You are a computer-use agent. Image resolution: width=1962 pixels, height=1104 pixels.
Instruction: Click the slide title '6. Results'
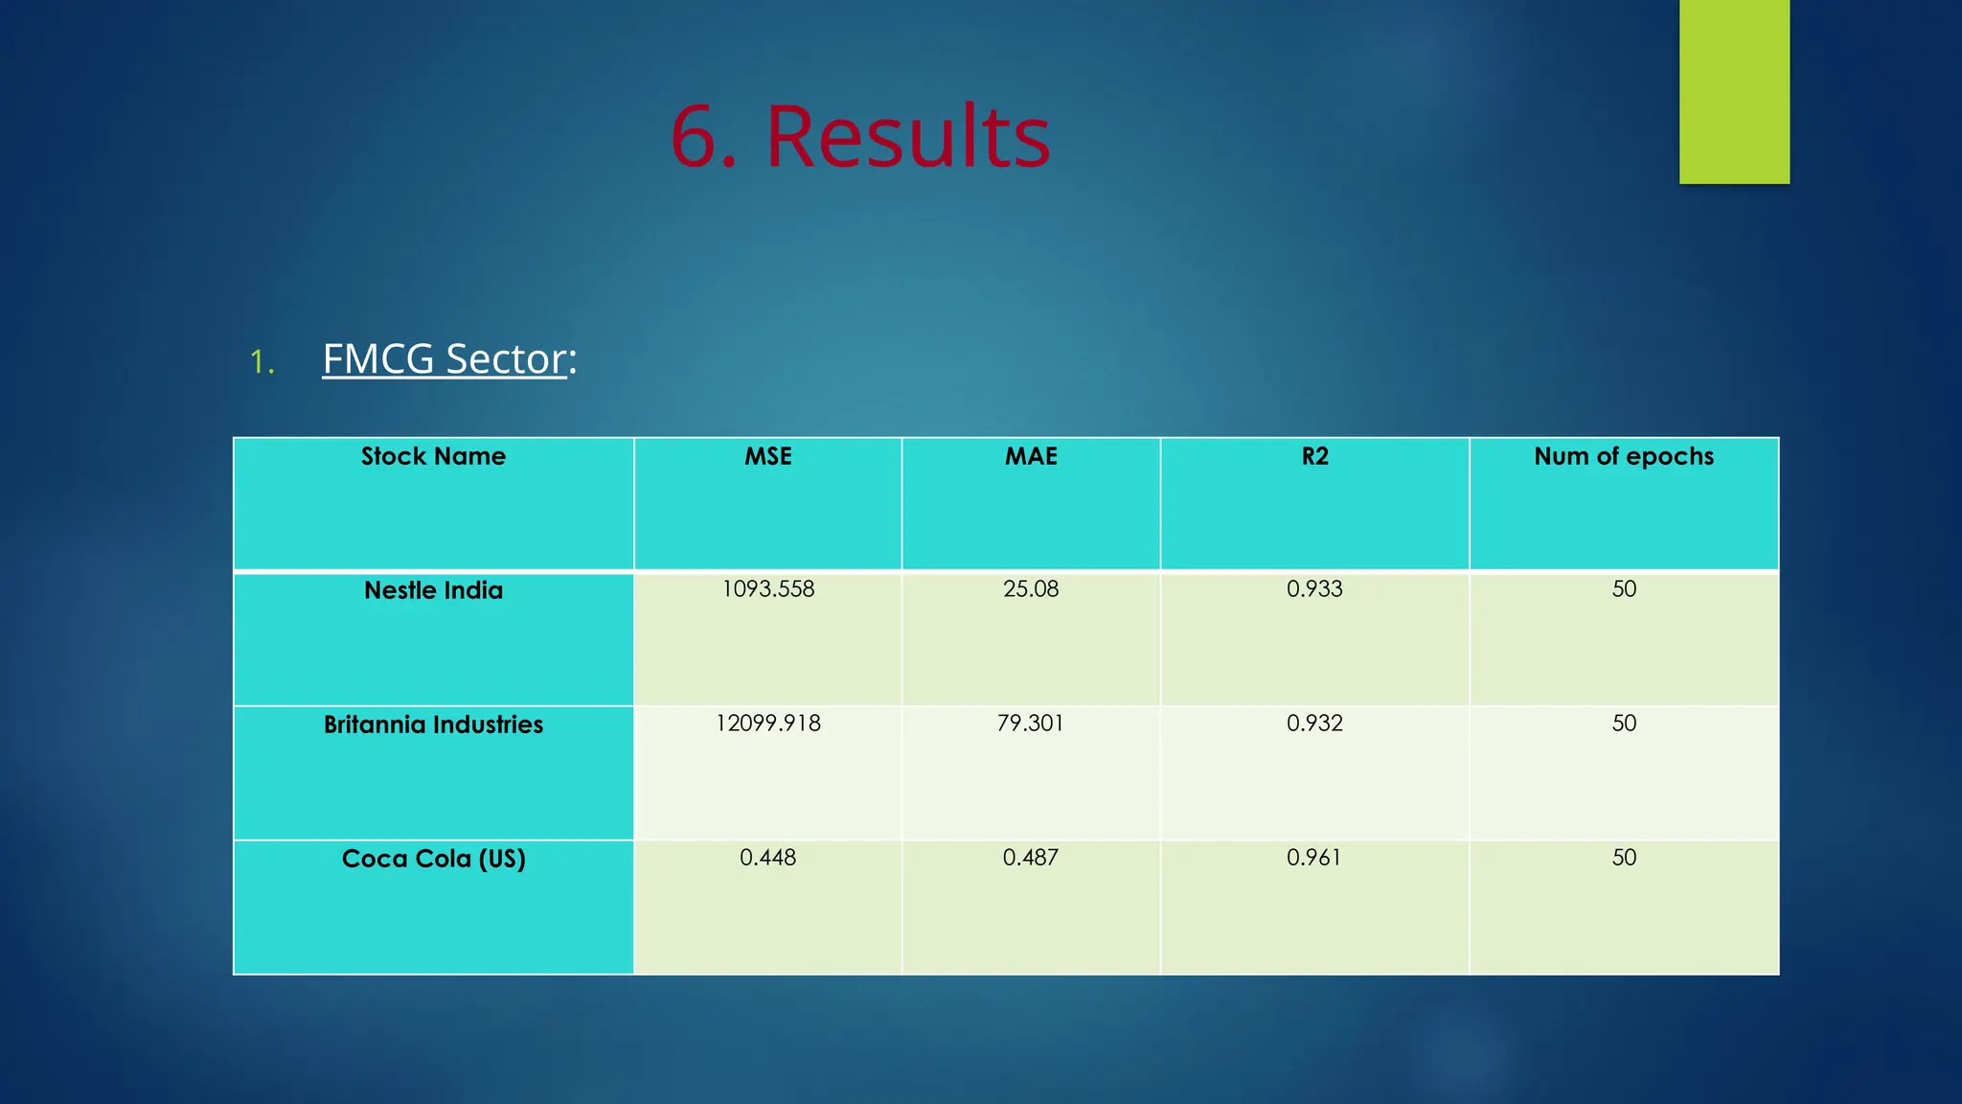click(x=859, y=136)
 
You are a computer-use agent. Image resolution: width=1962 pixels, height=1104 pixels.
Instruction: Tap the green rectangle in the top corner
click(x=1733, y=91)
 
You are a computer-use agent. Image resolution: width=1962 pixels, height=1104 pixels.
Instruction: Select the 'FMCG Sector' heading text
click(x=445, y=359)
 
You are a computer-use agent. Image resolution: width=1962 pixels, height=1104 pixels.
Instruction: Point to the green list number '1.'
click(x=262, y=362)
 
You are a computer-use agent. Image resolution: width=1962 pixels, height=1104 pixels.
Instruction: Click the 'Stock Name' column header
click(x=433, y=456)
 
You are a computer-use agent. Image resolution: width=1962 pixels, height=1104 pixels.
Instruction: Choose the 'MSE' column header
click(x=767, y=456)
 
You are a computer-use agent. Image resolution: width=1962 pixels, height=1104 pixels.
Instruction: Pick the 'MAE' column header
click(x=1031, y=456)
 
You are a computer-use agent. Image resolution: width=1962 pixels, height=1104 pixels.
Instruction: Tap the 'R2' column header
click(x=1314, y=456)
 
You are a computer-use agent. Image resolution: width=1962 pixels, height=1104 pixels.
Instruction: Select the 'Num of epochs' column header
click(x=1623, y=456)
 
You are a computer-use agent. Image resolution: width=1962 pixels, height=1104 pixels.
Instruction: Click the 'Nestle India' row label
click(x=433, y=590)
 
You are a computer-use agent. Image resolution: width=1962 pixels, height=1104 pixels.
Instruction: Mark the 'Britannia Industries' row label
click(x=433, y=724)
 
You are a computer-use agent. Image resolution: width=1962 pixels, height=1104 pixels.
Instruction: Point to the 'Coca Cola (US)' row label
click(x=433, y=859)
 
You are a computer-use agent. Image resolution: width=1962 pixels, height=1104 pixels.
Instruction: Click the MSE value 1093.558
click(x=767, y=589)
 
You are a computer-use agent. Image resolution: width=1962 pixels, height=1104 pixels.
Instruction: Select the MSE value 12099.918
click(x=767, y=724)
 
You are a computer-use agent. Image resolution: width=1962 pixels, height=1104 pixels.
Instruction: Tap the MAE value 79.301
click(x=1031, y=724)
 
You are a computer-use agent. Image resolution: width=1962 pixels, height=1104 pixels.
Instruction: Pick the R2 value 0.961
click(x=1314, y=858)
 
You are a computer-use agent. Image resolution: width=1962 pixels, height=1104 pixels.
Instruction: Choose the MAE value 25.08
click(x=1031, y=589)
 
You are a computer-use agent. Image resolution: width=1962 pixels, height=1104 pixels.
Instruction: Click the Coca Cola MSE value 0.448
click(x=767, y=858)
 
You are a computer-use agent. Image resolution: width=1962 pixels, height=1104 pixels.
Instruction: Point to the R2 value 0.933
click(x=1314, y=589)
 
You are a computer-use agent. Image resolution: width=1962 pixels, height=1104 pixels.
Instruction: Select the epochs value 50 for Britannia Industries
click(x=1624, y=724)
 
